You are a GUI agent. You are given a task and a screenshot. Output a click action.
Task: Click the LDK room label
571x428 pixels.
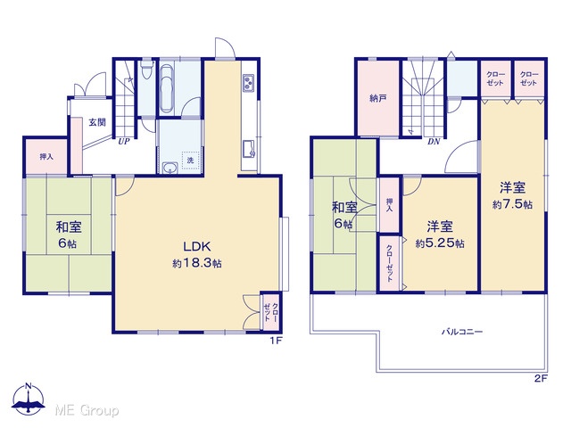196,246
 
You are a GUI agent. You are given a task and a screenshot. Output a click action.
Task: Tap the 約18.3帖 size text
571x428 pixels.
197,264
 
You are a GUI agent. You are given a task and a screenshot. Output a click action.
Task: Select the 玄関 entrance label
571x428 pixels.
97,122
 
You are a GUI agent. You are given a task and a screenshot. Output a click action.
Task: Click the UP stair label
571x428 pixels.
124,142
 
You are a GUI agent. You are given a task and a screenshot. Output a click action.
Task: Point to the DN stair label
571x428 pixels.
434,142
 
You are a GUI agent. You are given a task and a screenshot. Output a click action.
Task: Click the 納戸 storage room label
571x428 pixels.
378,98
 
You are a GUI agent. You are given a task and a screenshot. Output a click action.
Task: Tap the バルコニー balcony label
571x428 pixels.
462,332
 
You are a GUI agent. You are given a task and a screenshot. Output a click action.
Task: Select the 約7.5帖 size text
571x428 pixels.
512,204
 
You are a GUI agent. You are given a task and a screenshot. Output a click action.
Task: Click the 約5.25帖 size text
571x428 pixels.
440,243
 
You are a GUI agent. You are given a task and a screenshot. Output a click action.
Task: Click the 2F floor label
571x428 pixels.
542,378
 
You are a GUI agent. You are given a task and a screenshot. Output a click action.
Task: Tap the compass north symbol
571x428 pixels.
29,399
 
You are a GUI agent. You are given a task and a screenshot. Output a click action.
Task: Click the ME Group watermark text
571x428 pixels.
87,411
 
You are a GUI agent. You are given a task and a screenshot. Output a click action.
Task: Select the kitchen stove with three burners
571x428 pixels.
249,83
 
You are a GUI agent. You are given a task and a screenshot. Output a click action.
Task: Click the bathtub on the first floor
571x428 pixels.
167,88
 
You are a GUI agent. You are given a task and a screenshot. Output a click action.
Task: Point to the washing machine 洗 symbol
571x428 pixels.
190,160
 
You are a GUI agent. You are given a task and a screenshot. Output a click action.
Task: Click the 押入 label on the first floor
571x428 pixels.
46,157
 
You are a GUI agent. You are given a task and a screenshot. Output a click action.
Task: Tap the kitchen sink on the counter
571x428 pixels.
250,149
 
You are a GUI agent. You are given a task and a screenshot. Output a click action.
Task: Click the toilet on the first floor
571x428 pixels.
147,70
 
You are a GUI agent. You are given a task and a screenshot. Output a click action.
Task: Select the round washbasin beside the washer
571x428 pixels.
169,168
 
